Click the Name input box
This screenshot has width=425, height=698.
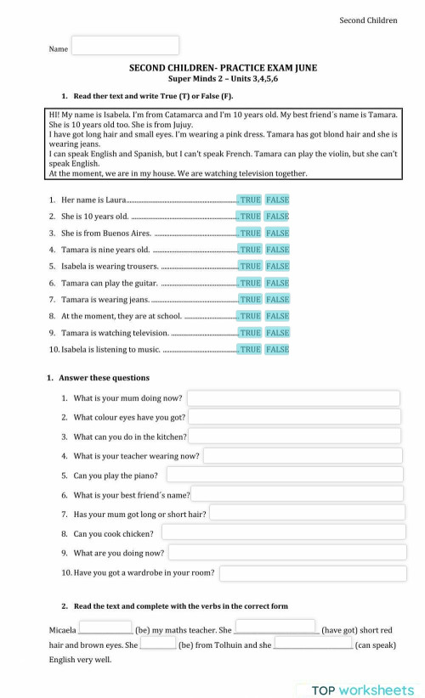[125, 46]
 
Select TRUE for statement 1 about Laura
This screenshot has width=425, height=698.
[250, 200]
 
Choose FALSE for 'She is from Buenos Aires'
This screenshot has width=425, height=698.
[277, 233]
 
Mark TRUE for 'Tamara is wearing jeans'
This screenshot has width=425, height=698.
[250, 299]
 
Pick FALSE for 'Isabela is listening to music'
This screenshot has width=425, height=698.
[277, 349]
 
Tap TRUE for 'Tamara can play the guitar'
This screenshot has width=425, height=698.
[250, 283]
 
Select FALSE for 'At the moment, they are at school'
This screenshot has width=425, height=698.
[277, 316]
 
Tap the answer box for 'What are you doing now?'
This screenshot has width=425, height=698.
[285, 552]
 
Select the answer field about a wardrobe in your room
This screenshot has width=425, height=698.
[311, 573]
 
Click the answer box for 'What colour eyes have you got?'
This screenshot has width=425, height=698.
[293, 417]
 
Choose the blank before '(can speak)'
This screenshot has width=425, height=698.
[313, 644]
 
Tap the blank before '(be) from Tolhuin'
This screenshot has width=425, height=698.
[158, 644]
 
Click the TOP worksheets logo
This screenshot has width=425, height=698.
[360, 690]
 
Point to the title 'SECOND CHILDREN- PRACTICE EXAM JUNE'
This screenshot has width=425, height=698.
[223, 68]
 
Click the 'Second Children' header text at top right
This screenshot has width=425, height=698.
[368, 20]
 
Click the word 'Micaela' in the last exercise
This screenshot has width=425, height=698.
[62, 631]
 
